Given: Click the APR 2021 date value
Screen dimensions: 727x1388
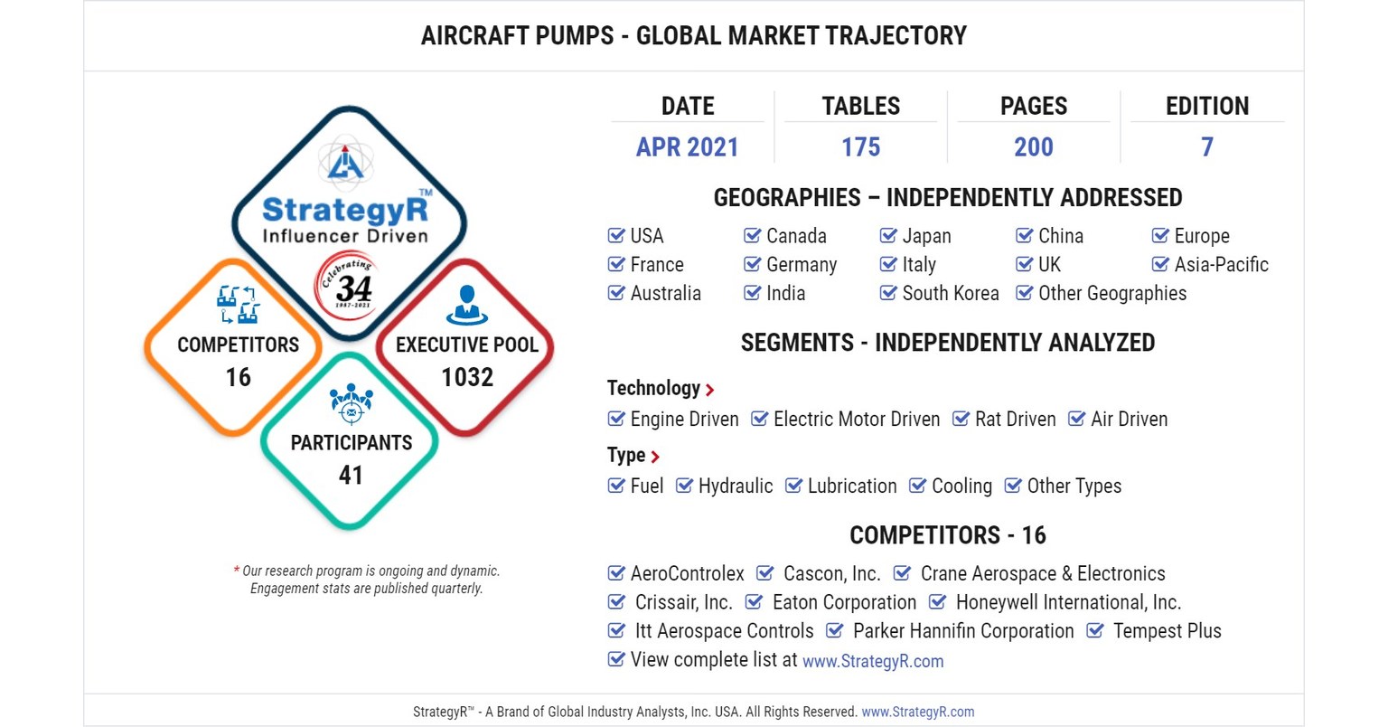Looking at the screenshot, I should coord(687,146).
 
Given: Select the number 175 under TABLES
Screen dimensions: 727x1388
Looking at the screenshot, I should coord(860,146).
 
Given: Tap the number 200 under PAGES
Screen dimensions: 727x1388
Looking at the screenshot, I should coord(1033,146).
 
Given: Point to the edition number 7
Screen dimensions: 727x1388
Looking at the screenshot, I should coord(1206,146).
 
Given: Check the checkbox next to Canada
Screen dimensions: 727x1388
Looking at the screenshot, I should coord(752,236).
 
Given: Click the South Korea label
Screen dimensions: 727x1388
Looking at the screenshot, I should coord(950,294).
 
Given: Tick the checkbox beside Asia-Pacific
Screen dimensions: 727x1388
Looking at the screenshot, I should coord(1160,265).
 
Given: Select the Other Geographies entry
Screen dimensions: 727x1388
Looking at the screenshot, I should coord(1111,294).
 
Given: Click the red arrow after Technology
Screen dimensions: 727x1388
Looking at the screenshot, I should coord(710,390).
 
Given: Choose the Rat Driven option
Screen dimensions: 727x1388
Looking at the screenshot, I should coord(1015,420).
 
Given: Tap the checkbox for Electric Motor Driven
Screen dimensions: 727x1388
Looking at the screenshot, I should coord(760,419).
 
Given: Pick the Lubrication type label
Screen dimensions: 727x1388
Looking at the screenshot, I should coord(851,486).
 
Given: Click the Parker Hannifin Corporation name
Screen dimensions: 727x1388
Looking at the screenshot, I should coord(962,631).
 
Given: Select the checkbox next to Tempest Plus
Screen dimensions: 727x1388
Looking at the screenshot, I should coord(1094,631).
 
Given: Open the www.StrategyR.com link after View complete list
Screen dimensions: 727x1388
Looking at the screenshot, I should coord(872,661).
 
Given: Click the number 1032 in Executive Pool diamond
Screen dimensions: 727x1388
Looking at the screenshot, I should coord(466,377).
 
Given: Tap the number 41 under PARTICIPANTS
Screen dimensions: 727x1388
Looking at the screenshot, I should coord(351,475).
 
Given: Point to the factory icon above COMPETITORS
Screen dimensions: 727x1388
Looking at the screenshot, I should coord(238,305).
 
